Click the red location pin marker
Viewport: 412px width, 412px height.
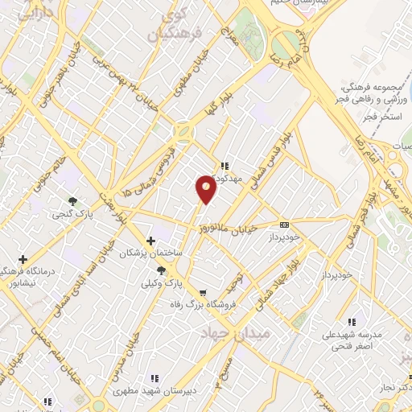pos(206,187)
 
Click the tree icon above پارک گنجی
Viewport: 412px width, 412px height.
pos(73,202)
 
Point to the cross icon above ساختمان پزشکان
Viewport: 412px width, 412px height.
pos(150,241)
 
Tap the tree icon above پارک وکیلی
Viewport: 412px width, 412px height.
pos(162,270)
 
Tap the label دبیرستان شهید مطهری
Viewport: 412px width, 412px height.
pos(154,390)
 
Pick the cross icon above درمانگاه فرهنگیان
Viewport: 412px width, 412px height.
pos(22,259)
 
